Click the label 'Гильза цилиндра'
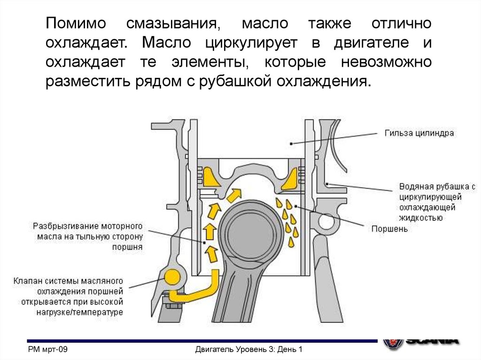419,133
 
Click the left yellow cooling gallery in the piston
209,176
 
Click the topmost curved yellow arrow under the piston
233,193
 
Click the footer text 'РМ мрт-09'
48,350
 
